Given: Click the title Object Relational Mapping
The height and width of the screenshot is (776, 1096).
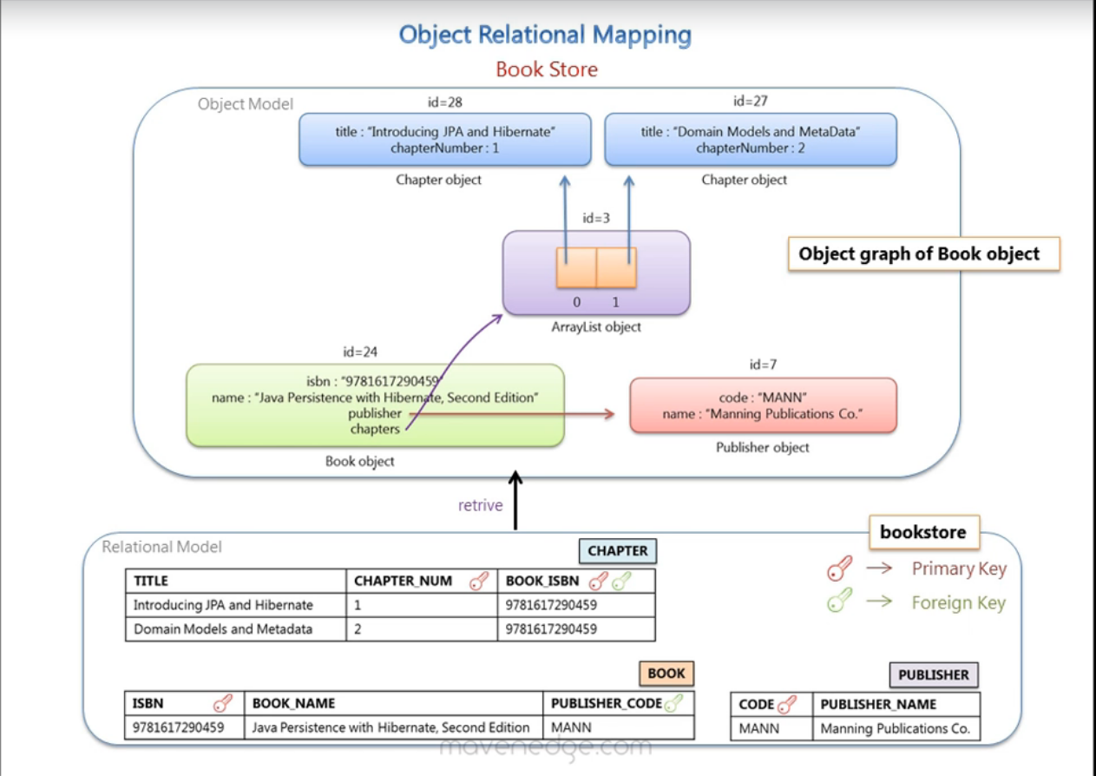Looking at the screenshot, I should tap(545, 36).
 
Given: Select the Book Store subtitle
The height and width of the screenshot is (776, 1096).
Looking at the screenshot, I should tap(547, 69).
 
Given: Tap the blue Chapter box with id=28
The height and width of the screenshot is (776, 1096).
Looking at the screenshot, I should tap(444, 140).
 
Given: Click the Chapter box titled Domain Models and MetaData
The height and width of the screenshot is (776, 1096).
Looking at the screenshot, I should tap(750, 140).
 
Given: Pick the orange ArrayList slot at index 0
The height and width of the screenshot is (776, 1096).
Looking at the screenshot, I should tap(576, 267).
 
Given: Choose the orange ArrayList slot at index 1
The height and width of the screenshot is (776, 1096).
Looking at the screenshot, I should tap(616, 267).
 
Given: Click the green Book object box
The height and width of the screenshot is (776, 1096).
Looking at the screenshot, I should tap(375, 405).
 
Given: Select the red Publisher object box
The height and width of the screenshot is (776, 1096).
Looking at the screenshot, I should tap(762, 405).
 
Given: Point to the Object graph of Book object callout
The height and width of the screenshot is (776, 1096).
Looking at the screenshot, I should tap(923, 254).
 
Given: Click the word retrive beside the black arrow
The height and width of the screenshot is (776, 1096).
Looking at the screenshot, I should tap(480, 505).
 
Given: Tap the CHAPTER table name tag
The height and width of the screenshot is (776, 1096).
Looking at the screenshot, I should tap(617, 551).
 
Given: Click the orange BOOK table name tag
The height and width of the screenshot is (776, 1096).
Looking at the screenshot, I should tap(666, 674).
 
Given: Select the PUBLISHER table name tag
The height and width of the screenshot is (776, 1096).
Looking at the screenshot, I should tap(933, 674).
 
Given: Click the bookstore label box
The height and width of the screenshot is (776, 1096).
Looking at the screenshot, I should tap(923, 532).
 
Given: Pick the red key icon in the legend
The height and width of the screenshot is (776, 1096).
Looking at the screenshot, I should tap(838, 569).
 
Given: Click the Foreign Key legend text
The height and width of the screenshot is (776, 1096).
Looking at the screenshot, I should tap(958, 603).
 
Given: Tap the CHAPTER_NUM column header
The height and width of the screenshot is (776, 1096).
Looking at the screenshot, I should tap(404, 582).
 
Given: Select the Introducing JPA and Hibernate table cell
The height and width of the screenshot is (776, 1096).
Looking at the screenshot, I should tap(224, 605).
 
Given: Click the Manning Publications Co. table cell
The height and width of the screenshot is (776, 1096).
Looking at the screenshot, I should tap(895, 729).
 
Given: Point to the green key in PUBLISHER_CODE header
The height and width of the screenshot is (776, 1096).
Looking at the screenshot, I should tap(673, 704).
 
